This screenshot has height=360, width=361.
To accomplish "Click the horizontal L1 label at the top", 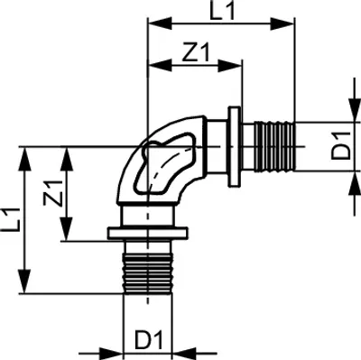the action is tap(222, 11).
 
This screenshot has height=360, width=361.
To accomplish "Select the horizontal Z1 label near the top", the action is tap(196, 52).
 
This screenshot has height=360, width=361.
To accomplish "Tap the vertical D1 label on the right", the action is tap(341, 147).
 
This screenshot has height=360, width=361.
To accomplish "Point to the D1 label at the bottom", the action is tap(148, 340).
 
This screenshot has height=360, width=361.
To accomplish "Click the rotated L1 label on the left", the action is tap(11, 219).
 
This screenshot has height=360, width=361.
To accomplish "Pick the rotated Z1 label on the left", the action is tap(53, 193).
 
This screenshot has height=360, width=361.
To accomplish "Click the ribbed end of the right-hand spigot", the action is tap(274, 146).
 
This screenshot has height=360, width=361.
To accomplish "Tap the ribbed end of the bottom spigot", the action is tap(148, 273).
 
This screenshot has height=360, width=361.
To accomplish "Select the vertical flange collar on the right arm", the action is tap(235, 147).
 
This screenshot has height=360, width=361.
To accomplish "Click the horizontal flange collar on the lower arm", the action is tap(148, 234).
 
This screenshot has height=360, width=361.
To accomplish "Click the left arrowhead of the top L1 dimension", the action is tap(161, 23).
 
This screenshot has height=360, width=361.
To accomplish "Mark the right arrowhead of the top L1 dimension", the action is tap(282, 23).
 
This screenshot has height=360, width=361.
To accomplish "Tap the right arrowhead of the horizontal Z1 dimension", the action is tap(230, 66).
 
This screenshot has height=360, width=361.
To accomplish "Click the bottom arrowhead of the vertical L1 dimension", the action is tap(24, 282).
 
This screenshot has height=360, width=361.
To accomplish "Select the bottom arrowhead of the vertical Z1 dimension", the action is tap(66, 228).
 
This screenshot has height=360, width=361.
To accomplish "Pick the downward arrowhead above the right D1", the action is tap(355, 110).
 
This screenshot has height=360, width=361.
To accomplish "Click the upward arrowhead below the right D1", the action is tap(355, 183).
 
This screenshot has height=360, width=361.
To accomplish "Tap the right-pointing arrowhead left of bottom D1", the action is tap(111, 354).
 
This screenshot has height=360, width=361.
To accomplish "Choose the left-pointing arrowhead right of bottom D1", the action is tap(184, 354).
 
